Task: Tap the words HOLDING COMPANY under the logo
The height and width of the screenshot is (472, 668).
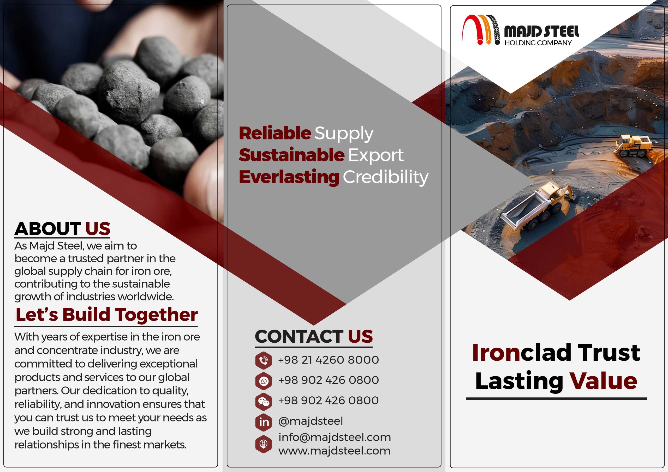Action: pyautogui.click(x=538, y=43)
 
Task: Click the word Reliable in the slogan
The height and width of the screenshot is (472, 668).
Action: pyautogui.click(x=275, y=133)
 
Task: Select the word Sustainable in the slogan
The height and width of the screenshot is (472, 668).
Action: pyautogui.click(x=291, y=155)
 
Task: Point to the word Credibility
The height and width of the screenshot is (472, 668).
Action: pyautogui.click(x=385, y=177)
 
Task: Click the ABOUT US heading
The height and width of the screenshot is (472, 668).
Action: pyautogui.click(x=62, y=229)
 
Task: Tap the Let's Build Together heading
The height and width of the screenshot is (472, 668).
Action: pyautogui.click(x=106, y=315)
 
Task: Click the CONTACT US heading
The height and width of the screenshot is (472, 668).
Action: pyautogui.click(x=314, y=336)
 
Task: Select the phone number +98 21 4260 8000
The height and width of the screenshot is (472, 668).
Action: pyautogui.click(x=329, y=360)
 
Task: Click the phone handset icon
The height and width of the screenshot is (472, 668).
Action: pyautogui.click(x=264, y=360)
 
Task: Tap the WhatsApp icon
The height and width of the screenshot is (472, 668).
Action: pyautogui.click(x=264, y=381)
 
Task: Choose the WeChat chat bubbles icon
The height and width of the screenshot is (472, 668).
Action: pyautogui.click(x=264, y=402)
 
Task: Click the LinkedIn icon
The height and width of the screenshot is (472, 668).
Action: pyautogui.click(x=264, y=422)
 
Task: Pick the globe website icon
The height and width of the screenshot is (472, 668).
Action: pyautogui.click(x=264, y=444)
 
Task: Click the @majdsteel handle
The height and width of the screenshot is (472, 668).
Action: pyautogui.click(x=311, y=421)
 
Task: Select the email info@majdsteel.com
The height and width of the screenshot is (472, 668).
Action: pyautogui.click(x=335, y=437)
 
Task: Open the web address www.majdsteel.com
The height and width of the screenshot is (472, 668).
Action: pyautogui.click(x=334, y=451)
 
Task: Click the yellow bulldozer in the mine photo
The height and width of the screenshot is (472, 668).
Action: pyautogui.click(x=633, y=146)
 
